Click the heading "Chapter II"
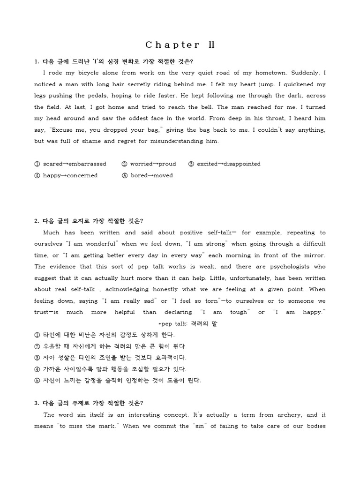coord(180,45)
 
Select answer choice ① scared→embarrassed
coord(70,164)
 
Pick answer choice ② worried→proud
coord(149,164)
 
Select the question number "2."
coord(37,221)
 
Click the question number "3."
coord(37,403)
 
